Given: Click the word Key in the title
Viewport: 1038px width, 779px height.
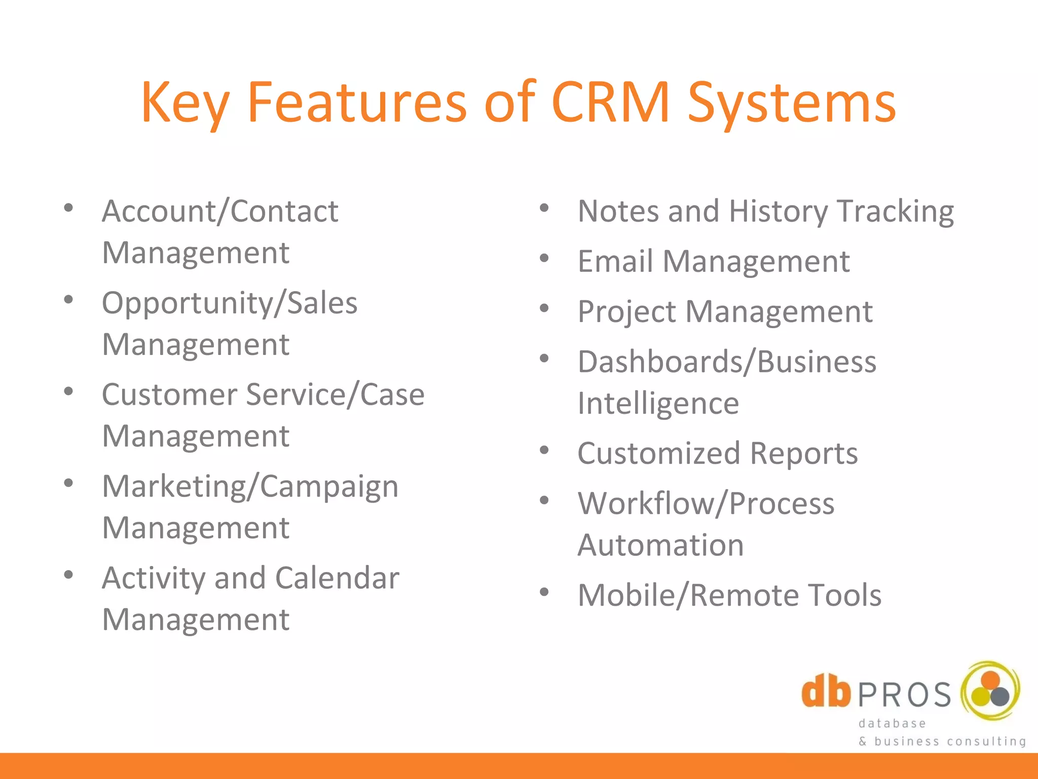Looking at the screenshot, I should tap(186, 104).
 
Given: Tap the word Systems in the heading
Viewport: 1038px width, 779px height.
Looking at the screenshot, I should tap(792, 104).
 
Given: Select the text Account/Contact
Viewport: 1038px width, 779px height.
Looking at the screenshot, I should tap(220, 211).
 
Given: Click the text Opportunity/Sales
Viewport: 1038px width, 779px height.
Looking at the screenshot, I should tap(230, 303).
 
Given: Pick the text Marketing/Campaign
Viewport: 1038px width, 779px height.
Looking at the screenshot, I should tap(250, 487).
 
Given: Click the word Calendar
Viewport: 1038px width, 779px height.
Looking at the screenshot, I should tap(338, 578).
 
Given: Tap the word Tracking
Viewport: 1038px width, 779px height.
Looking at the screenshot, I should tap(896, 211).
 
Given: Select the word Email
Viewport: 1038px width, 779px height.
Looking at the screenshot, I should tap(615, 262).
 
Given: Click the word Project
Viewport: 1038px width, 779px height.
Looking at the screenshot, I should tap(626, 312).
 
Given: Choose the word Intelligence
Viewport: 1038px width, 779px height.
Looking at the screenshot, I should tap(658, 404).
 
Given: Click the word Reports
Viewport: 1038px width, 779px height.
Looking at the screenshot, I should tap(804, 453).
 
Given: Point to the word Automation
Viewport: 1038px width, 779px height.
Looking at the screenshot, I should tap(661, 545).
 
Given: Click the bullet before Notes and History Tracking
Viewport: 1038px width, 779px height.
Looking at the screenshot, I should tap(544, 207).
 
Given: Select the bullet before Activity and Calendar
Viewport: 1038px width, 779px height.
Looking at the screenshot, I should tap(68, 575).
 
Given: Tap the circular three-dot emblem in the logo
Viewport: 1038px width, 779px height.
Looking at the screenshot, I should tap(990, 691).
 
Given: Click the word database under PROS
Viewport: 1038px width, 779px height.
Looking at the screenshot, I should tap(892, 724).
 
